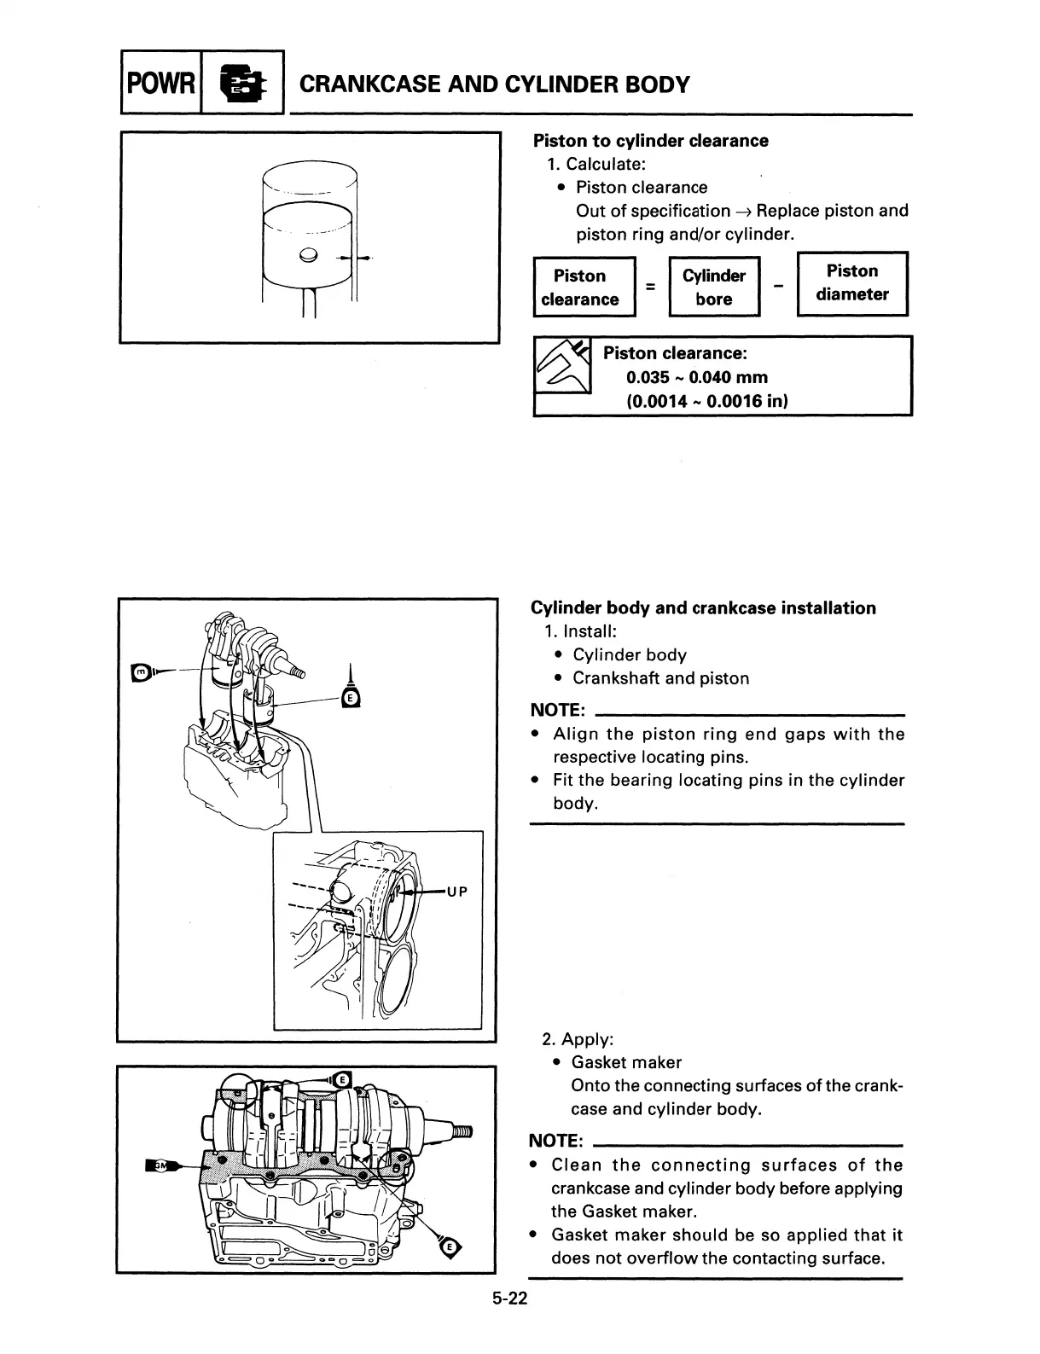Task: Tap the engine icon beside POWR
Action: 242,83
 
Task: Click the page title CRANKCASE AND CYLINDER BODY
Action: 495,84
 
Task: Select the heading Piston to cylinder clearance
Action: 650,141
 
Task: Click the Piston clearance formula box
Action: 584,288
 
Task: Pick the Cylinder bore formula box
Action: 714,288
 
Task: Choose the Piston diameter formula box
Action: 851,283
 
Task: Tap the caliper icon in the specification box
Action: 562,367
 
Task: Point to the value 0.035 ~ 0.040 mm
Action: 696,377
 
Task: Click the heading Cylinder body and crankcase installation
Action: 703,608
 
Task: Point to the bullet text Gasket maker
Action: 626,1062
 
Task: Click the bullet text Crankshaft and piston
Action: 660,678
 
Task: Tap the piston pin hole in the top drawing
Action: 309,253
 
